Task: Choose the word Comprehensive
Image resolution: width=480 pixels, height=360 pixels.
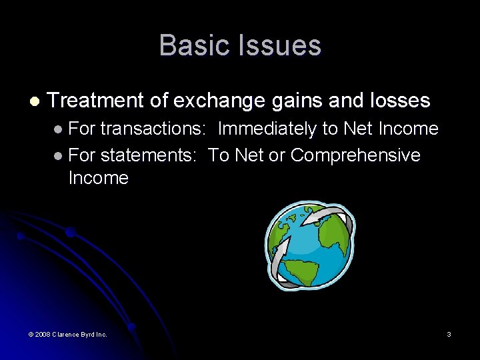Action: tap(355, 155)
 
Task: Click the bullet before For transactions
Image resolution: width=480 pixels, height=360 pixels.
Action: tap(59, 129)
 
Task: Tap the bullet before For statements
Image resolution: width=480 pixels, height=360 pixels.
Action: tap(59, 156)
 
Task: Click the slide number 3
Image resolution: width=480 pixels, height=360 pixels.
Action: tap(449, 334)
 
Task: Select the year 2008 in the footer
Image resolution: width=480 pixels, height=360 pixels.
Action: tap(41, 334)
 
